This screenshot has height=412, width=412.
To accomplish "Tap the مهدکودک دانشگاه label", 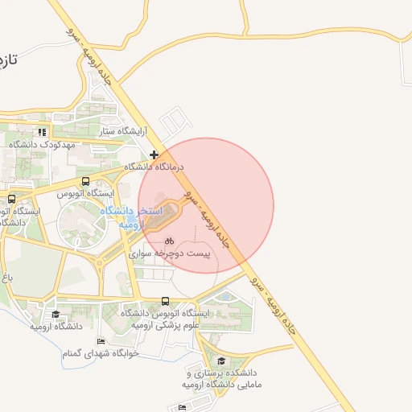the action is pyautogui.click(x=43, y=144).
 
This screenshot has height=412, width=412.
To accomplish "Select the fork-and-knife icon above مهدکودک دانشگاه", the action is pyautogui.click(x=43, y=132).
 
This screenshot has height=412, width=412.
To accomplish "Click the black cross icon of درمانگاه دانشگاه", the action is pyautogui.click(x=154, y=154).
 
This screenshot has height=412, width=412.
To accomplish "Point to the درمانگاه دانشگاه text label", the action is pyautogui.click(x=154, y=167).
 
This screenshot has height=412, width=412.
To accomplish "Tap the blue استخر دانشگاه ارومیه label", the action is pyautogui.click(x=133, y=217).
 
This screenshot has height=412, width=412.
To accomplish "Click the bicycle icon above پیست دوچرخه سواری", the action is pyautogui.click(x=170, y=240).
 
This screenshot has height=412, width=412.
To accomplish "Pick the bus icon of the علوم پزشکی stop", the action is pyautogui.click(x=165, y=303).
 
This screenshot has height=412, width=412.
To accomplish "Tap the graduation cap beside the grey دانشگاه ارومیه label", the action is pyautogui.click(x=56, y=315).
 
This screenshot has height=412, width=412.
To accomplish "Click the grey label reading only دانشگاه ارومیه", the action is pyautogui.click(x=57, y=327).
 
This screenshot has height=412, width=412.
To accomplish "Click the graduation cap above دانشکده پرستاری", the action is pyautogui.click(x=222, y=360).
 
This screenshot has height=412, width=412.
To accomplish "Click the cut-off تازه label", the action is pyautogui.click(x=10, y=60).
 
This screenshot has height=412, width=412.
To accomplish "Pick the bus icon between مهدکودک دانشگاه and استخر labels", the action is pyautogui.click(x=86, y=182).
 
